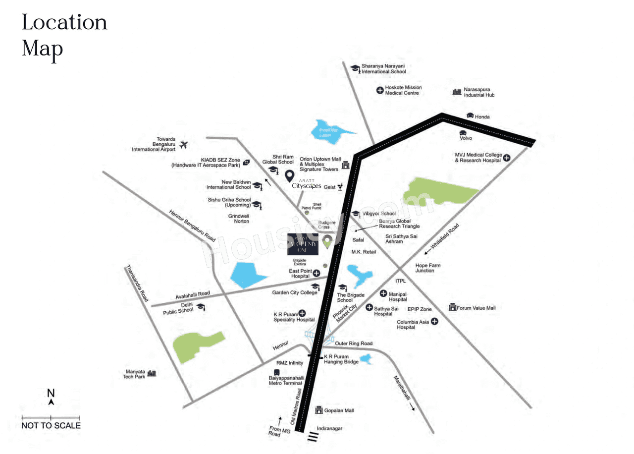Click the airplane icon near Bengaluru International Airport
(184, 145)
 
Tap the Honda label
(482, 117)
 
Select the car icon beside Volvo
(463, 133)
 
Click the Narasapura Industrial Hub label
(478, 92)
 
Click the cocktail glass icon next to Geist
(340, 187)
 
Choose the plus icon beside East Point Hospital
(316, 273)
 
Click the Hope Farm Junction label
(428, 268)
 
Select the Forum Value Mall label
(476, 308)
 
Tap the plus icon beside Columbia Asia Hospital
(434, 321)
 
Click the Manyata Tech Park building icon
(152, 373)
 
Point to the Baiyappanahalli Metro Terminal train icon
(276, 373)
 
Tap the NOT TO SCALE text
(51, 425)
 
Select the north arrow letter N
(51, 393)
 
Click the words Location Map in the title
(64, 36)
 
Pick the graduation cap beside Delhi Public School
(200, 307)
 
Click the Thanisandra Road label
(137, 284)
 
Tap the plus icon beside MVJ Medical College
(507, 157)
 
